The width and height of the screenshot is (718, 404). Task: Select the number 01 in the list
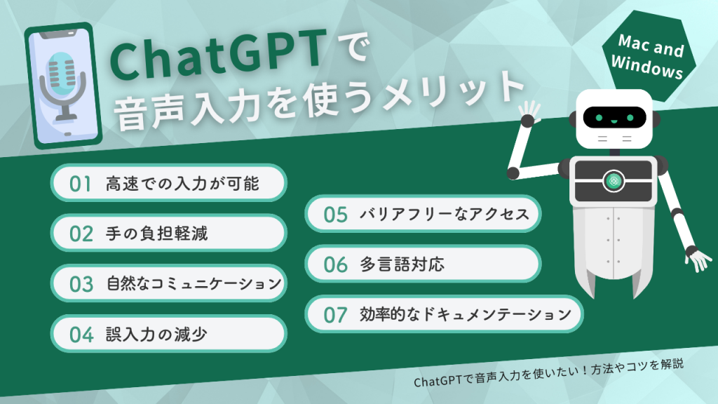pyautogui.click(x=81, y=184)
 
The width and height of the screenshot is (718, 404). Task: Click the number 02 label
pyautogui.click(x=81, y=234)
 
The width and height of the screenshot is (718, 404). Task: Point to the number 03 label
pyautogui.click(x=81, y=284)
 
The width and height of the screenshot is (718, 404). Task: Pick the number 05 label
pyautogui.click(x=335, y=215)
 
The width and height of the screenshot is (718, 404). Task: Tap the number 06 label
pyautogui.click(x=335, y=264)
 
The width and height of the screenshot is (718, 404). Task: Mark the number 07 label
pyautogui.click(x=335, y=314)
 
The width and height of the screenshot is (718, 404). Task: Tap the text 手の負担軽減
pyautogui.click(x=156, y=234)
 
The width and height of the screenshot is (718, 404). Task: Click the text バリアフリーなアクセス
pyautogui.click(x=444, y=215)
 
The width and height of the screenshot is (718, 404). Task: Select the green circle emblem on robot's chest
pyautogui.click(x=614, y=180)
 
